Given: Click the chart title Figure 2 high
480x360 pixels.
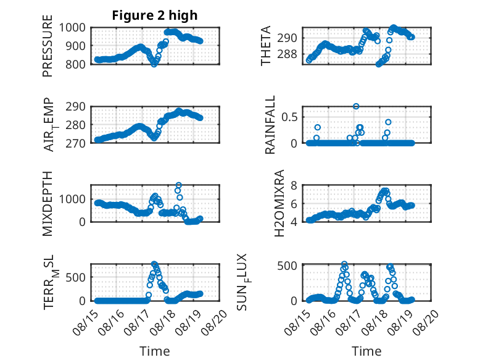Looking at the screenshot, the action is tap(155, 15).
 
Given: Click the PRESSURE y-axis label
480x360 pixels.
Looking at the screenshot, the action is tap(48, 46).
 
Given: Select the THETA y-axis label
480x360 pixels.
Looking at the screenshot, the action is tap(266, 46).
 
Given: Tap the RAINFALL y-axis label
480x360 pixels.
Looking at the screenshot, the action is tap(270, 125).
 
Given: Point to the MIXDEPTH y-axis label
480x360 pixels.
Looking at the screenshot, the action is tap(48, 204).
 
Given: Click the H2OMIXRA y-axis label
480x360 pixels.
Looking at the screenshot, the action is tap(279, 203).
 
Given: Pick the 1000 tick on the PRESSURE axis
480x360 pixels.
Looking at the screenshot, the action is tap(72, 28).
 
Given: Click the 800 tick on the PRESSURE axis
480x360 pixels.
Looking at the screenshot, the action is tap(76, 64).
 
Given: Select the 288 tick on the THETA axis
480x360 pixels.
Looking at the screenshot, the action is tap(287, 54).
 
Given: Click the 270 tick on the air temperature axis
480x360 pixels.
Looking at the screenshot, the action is tap(76, 143).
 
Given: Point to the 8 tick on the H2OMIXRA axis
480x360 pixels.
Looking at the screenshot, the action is tap(294, 185).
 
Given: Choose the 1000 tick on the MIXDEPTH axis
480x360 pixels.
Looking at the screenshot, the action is tap(72, 199).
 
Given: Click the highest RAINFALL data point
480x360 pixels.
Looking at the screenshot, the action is tap(356, 106).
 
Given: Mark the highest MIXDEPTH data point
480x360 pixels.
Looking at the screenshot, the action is tap(179, 185).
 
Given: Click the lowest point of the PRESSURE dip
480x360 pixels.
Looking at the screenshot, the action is tap(154, 64).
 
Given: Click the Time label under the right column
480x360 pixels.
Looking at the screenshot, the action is tap(366, 351).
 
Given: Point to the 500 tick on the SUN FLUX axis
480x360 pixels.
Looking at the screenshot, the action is tap(287, 266).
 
